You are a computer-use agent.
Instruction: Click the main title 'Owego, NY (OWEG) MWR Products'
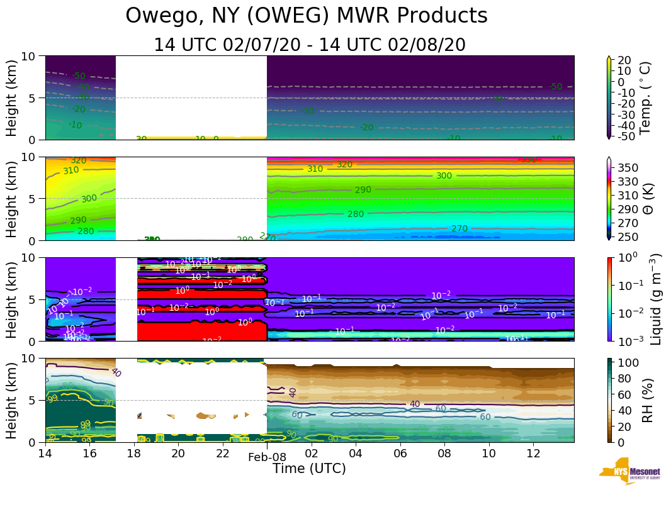click(307, 16)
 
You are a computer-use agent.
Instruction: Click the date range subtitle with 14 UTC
click(310, 45)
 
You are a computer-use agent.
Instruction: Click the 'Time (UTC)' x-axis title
click(309, 469)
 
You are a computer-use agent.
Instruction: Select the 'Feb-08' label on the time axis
click(267, 457)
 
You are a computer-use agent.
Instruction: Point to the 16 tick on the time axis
click(89, 454)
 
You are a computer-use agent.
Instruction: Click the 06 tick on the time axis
click(400, 454)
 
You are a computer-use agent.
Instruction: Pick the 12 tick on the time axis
click(533, 454)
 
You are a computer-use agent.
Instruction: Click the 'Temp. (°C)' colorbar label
click(645, 97)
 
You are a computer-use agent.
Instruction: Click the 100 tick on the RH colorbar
click(631, 363)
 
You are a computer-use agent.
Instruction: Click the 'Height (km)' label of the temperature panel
click(12, 97)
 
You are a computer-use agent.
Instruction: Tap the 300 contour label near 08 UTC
click(444, 176)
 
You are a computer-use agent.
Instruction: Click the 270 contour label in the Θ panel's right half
click(460, 229)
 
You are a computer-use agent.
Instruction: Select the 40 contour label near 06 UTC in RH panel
click(414, 404)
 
